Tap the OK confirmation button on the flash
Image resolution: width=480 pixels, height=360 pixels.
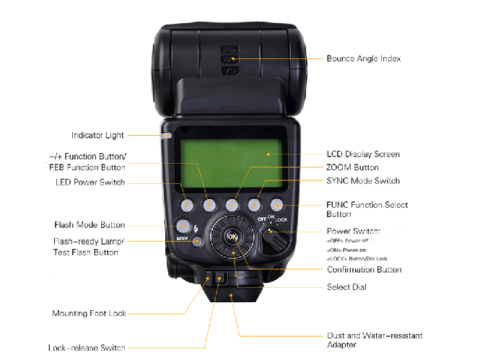coord(232,237)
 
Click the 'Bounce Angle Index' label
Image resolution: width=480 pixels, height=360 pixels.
coord(363,58)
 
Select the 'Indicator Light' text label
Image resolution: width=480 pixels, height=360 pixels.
coord(97,135)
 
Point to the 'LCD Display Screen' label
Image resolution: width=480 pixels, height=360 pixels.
coord(362,154)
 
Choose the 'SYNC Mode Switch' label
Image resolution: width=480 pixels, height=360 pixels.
coord(362,180)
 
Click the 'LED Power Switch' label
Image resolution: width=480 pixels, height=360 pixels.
coord(90,182)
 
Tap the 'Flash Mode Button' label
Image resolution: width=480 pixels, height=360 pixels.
coord(90,225)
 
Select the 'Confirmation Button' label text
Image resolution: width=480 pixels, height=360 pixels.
coord(364,270)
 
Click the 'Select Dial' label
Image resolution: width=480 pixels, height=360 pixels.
coord(346,287)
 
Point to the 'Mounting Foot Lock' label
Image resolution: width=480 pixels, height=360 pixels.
coord(89,313)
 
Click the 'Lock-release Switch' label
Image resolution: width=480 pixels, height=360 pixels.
coord(87,348)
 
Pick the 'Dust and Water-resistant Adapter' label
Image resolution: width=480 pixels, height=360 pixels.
coord(374,341)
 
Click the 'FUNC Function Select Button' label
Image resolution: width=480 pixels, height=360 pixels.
coord(367,209)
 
